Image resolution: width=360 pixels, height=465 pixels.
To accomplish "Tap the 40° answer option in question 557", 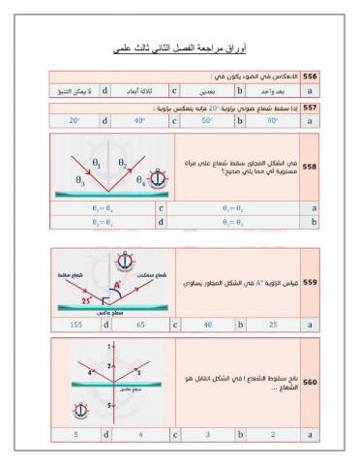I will [x=139, y=120].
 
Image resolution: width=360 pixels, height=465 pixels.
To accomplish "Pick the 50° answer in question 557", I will [x=206, y=120].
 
